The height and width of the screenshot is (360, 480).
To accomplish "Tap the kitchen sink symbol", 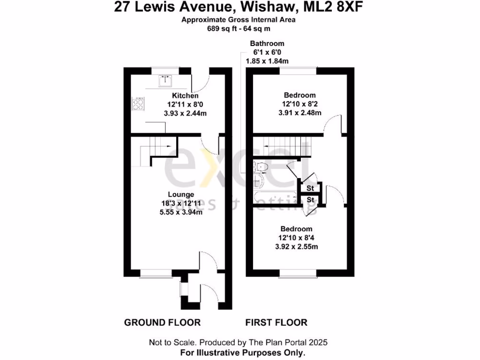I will click(x=165, y=81).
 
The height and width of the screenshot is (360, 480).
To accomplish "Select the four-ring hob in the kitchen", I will click(x=138, y=104).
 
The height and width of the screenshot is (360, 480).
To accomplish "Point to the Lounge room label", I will click(x=181, y=194).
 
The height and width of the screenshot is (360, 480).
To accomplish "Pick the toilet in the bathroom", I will click(x=260, y=166).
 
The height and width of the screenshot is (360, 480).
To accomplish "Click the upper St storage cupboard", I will click(x=310, y=188).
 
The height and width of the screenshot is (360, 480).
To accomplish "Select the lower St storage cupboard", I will click(x=310, y=200).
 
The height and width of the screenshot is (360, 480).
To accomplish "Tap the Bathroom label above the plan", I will click(x=267, y=44).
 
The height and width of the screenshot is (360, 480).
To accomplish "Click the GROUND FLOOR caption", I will click(x=162, y=322).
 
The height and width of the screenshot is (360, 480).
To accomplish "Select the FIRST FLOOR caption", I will click(x=277, y=322).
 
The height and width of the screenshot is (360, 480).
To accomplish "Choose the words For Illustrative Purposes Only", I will click(x=243, y=352).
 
